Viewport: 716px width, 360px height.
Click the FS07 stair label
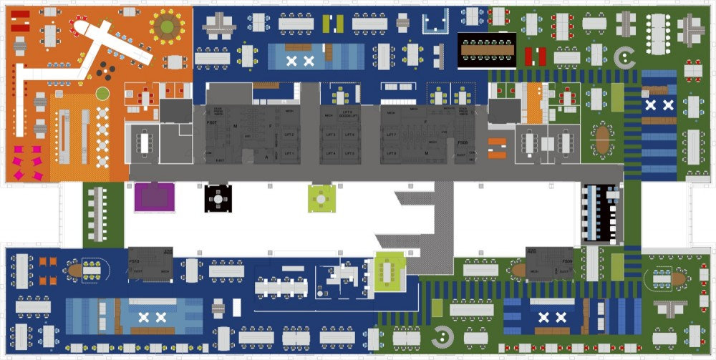coord(211,123)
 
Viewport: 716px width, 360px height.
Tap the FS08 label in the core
coord(463,143)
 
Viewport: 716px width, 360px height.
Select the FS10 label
coord(134,262)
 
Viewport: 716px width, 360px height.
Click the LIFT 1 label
coord(289,153)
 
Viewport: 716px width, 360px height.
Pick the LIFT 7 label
coord(391,135)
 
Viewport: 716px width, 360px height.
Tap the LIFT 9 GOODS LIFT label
coord(348,115)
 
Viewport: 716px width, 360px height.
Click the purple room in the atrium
coord(155,196)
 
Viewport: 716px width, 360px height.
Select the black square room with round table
coord(218,196)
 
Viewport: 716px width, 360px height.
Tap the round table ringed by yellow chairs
coord(167,27)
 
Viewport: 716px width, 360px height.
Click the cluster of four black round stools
coord(105,70)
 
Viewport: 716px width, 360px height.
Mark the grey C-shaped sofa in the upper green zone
coord(625,56)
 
